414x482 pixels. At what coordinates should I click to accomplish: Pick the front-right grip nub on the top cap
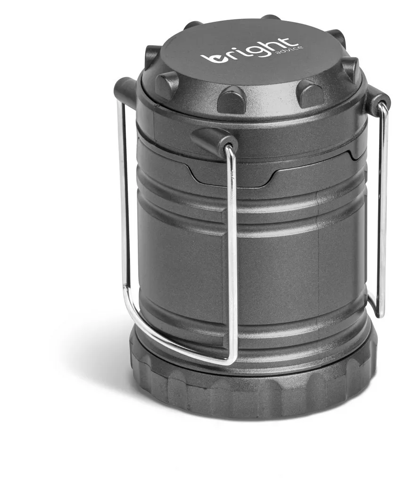tap(310, 93)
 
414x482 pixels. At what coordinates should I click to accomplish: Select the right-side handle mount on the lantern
tap(377, 101)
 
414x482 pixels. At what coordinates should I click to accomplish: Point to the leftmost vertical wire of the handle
tap(124, 198)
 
